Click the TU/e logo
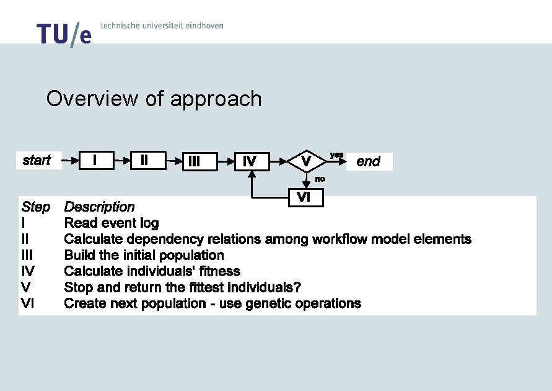(64, 34)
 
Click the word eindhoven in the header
(202, 25)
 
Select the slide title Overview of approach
(154, 99)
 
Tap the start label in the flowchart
(37, 160)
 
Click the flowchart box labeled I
(94, 160)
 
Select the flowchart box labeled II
(144, 160)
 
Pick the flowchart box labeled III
(194, 161)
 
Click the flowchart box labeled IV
(250, 161)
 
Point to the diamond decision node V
(306, 161)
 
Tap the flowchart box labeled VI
(304, 197)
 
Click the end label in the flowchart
(368, 161)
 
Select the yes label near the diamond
(336, 154)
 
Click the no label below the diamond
(320, 179)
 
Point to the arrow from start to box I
(70, 160)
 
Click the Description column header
(99, 207)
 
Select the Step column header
(35, 207)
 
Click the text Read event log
(112, 223)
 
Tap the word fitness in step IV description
(219, 271)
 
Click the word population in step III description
(193, 255)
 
